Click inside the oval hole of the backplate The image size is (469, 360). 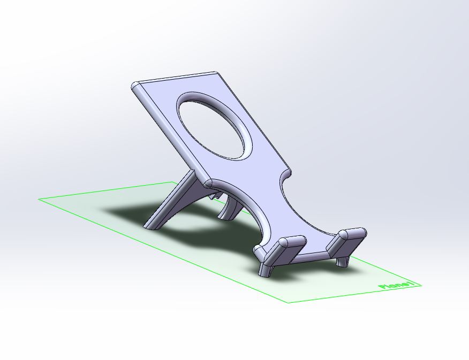pos(215,126)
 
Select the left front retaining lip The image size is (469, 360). pos(284,249)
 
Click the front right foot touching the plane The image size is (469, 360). pos(343,261)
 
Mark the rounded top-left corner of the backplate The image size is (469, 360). pos(135,86)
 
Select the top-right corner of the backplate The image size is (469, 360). pos(216,73)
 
